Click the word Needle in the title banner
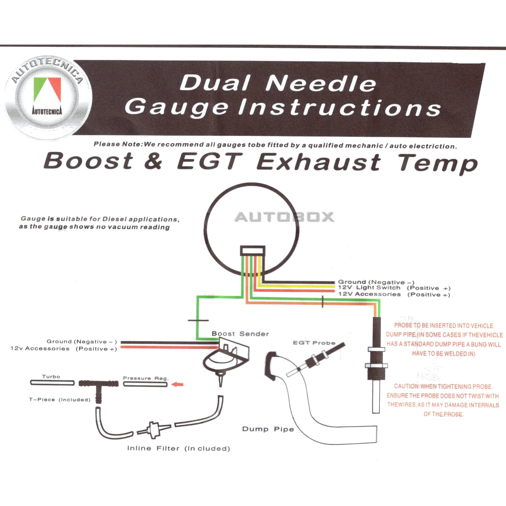321,83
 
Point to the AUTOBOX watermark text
284,217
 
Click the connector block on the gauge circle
252,251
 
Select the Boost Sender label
240,334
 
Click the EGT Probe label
314,343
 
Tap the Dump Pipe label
268,429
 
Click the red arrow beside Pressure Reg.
177,384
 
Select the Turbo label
51,376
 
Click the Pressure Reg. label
145,378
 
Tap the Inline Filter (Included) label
178,448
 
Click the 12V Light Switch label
369,287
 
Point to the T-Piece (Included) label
59,400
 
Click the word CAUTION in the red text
406,386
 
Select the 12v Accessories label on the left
40,349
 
